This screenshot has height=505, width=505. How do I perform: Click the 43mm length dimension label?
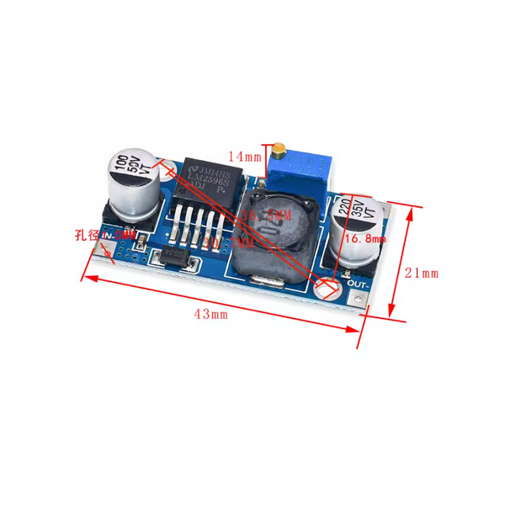tap(212, 314)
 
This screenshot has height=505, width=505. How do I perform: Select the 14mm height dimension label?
tap(244, 156)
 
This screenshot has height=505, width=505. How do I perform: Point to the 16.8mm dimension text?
tap(364, 239)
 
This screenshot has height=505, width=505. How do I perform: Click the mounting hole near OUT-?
tap(327, 288)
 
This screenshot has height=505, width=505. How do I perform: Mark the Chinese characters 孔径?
tap(85, 235)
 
